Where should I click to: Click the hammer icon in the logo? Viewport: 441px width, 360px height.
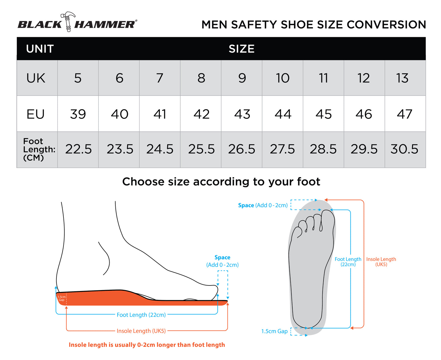click(x=68, y=21)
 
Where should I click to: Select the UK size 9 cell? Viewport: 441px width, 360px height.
click(x=242, y=78)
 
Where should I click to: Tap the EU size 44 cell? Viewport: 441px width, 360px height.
click(x=283, y=114)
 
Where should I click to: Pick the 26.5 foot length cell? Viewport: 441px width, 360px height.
click(x=242, y=149)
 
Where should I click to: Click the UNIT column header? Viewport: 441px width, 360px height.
click(x=40, y=49)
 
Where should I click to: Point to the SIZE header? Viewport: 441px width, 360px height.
click(x=241, y=49)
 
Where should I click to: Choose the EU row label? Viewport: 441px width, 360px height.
click(x=36, y=114)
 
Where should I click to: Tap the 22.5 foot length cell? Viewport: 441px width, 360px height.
click(x=78, y=149)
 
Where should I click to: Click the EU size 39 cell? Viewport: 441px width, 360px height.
click(x=78, y=114)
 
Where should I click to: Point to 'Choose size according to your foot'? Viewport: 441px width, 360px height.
click(x=221, y=182)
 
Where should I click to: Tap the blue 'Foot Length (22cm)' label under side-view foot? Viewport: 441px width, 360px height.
click(x=141, y=315)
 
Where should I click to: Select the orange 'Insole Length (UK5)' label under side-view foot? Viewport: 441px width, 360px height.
click(x=141, y=331)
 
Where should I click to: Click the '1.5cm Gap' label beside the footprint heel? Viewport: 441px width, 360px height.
click(x=274, y=331)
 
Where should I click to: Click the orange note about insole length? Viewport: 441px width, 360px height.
click(x=147, y=345)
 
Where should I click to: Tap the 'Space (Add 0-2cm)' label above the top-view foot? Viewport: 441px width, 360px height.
click(x=263, y=205)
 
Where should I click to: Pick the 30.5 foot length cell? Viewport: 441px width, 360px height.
click(x=404, y=149)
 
